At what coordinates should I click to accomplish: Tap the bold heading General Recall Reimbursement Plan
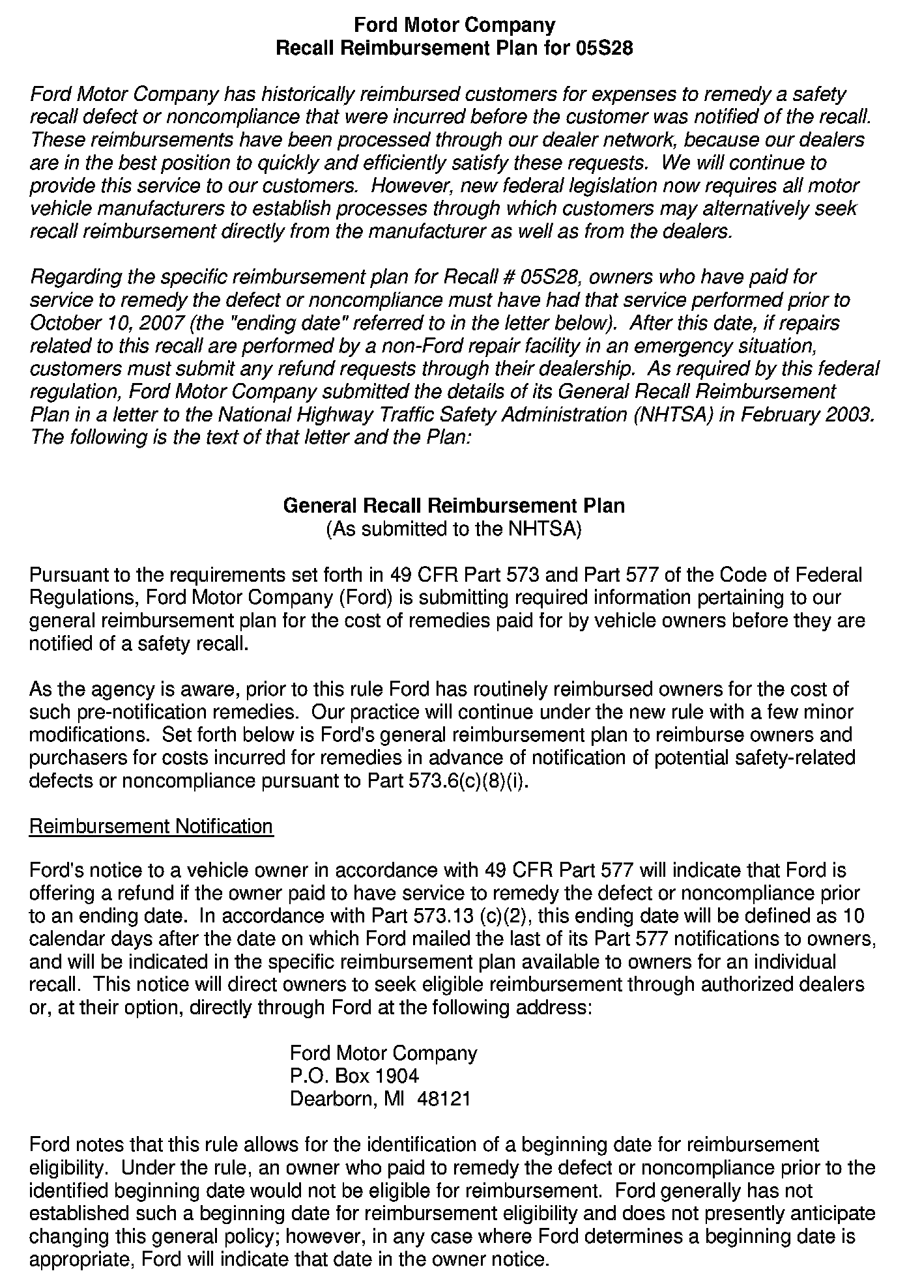coord(453,506)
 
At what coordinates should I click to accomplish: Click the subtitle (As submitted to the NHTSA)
coord(453,529)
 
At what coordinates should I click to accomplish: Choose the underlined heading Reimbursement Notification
coord(151,827)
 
